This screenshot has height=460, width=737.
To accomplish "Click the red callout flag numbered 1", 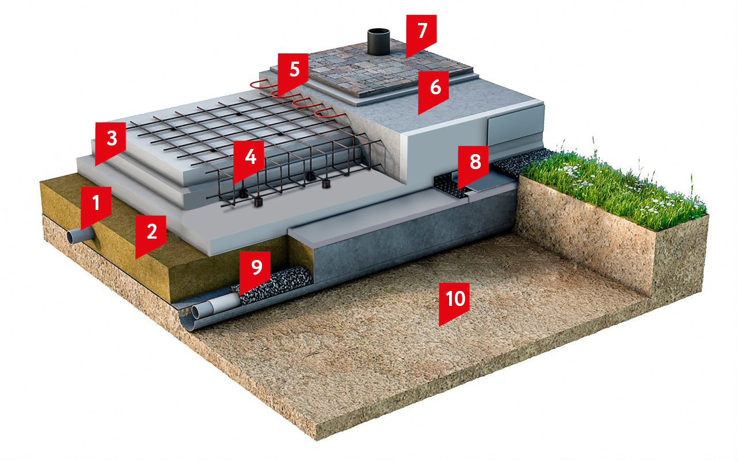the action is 96,205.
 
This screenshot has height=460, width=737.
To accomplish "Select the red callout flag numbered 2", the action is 151,234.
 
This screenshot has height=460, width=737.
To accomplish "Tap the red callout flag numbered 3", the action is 111,141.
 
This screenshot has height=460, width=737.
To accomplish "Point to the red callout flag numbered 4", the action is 249,159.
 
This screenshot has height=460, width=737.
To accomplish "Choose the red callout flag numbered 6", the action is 434,89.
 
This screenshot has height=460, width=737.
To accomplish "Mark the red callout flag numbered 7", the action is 421,33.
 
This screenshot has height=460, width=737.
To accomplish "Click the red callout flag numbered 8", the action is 473,164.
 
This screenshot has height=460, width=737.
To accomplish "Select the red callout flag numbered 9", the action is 255,270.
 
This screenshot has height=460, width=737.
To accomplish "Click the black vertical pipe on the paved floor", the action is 378,41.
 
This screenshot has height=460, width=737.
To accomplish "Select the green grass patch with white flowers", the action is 612,187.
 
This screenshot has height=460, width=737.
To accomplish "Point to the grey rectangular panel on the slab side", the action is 515,125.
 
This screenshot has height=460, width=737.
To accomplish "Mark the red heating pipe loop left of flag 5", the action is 263,85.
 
